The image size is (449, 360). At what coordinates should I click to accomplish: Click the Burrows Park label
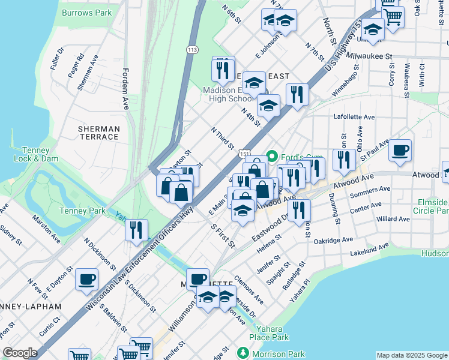[86, 11]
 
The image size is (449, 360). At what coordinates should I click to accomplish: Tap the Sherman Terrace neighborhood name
[99, 133]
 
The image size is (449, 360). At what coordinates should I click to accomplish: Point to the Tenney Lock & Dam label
[35, 154]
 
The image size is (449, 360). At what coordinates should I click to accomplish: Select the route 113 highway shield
[192, 49]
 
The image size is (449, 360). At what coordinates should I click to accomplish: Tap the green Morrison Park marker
[243, 354]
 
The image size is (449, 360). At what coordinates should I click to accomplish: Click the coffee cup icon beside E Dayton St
[86, 279]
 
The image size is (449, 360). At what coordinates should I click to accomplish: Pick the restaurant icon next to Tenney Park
[136, 230]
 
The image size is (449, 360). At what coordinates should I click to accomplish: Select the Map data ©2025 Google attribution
[412, 355]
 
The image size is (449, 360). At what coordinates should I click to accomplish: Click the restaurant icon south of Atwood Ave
[298, 210]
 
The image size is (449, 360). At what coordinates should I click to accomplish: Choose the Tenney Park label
[83, 211]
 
